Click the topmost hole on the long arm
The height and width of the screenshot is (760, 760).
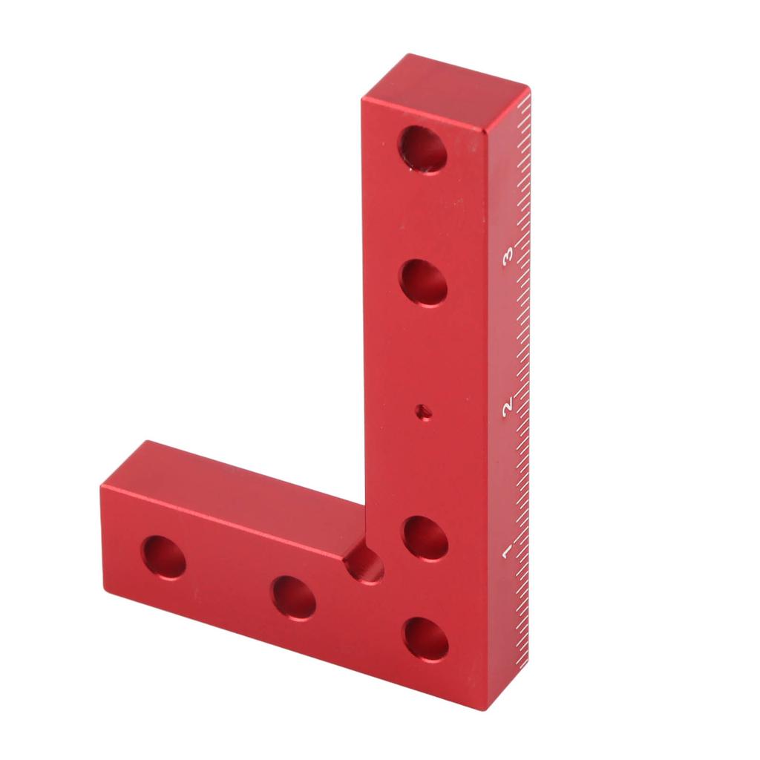point(422,148)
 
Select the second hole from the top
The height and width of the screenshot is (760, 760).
point(424,283)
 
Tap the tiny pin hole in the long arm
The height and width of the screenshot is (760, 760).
point(425,413)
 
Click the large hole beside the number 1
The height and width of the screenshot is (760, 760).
point(426,538)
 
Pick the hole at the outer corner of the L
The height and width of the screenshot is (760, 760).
point(427,639)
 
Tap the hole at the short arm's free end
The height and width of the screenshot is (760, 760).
point(164,557)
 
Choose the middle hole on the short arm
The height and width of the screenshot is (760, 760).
point(294,598)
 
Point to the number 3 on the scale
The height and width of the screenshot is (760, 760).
point(508,256)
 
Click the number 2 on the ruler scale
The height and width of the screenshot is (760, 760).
point(508,406)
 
